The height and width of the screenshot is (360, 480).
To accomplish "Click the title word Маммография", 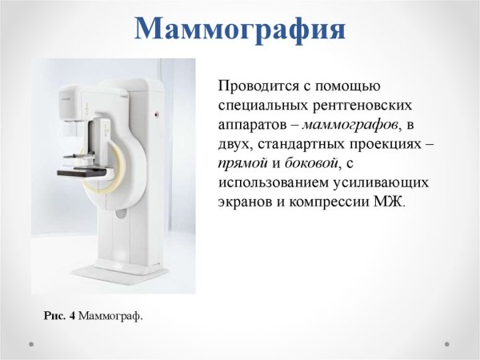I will click(x=239, y=29).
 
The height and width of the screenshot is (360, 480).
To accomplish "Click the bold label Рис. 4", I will click(x=59, y=317).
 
